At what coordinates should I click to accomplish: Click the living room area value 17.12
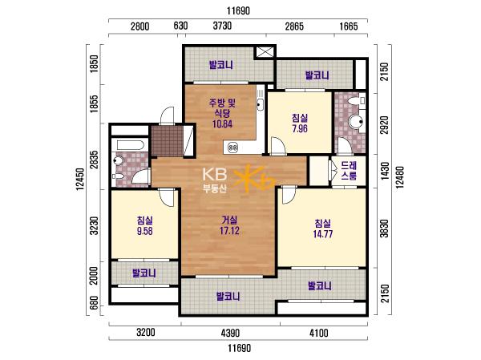tap(229, 230)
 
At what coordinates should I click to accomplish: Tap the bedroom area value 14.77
tap(323, 234)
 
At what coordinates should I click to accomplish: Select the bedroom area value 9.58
tap(145, 231)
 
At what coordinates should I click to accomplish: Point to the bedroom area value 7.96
tap(300, 128)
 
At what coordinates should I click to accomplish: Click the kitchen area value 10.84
tap(222, 123)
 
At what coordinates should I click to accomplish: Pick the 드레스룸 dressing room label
tap(349, 171)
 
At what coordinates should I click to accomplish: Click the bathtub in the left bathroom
tap(128, 145)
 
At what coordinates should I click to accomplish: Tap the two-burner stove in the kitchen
tap(233, 148)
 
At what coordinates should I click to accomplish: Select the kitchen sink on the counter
tap(260, 104)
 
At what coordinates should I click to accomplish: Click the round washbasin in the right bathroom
tap(356, 122)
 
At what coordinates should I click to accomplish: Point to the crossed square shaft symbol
tap(265, 52)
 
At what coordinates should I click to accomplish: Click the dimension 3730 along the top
tap(222, 26)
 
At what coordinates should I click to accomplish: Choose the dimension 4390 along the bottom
tap(230, 333)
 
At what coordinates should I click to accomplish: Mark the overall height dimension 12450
tap(80, 179)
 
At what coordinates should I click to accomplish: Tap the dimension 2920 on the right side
tap(384, 125)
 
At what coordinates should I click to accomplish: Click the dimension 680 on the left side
tap(95, 302)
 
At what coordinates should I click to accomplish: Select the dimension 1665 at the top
tap(349, 26)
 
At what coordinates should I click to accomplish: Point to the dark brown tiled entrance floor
tap(168, 141)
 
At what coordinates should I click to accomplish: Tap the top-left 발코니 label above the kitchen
tap(221, 65)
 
